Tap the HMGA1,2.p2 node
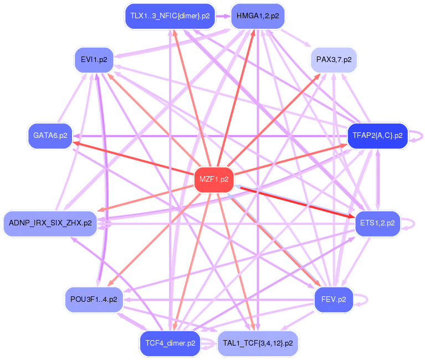[253, 16]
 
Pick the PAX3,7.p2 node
[334, 59]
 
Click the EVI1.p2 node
[94, 59]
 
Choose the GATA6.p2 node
[50, 135]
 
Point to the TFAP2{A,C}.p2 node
[377, 135]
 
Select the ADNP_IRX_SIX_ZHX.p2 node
[50, 223]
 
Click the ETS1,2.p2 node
[377, 223]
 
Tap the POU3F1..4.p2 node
[94, 299]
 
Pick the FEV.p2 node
[334, 299]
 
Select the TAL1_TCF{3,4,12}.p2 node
[258, 343]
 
